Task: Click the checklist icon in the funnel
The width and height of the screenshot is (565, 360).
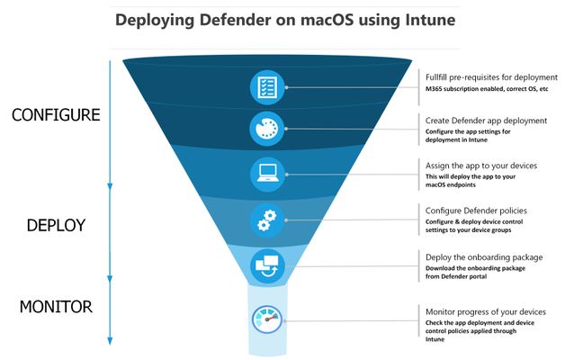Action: (267, 87)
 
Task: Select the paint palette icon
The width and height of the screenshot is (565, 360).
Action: (267, 129)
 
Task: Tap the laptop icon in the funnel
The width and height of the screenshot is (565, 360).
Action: (268, 174)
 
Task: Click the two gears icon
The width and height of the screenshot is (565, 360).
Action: (267, 220)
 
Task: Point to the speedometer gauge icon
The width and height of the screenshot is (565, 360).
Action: (267, 319)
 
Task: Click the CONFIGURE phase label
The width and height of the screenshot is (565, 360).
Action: (56, 115)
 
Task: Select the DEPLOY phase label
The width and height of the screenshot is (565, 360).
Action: (56, 225)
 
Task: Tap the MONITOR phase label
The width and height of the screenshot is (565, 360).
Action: (56, 307)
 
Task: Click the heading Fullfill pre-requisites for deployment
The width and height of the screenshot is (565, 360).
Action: (491, 77)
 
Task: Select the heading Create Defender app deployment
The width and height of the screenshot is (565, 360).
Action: (486, 121)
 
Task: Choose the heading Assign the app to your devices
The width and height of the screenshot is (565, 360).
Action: (481, 166)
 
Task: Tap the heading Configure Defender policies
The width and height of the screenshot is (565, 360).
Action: (476, 211)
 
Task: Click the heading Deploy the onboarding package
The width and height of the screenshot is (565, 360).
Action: (484, 257)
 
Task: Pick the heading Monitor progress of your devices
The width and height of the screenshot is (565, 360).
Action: (486, 311)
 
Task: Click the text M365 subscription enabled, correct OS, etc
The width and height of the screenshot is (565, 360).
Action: (487, 89)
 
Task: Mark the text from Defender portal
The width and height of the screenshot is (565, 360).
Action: (456, 276)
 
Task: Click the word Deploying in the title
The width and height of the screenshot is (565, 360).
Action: (155, 20)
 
